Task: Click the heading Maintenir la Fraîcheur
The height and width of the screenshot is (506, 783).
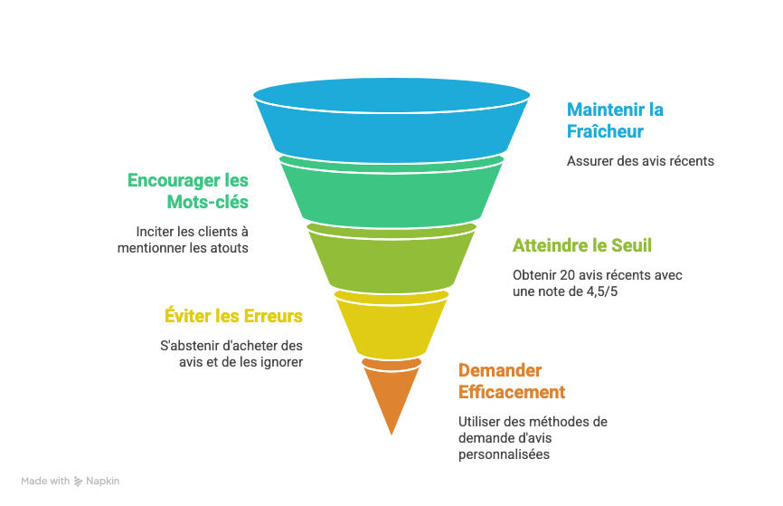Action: tap(615, 120)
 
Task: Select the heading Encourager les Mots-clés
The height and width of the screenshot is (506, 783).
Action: tap(188, 191)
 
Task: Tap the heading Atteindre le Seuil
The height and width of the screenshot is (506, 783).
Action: tap(582, 245)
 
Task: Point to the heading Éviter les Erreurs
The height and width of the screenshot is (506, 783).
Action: tap(233, 316)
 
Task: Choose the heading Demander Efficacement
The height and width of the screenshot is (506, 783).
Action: tap(512, 381)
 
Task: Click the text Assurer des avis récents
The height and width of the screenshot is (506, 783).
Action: tap(640, 161)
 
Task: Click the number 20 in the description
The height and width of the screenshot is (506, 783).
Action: tap(567, 275)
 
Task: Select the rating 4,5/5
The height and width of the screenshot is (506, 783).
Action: tap(602, 291)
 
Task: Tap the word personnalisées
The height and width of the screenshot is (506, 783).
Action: tap(504, 454)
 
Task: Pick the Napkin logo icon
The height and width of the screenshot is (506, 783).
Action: tap(79, 482)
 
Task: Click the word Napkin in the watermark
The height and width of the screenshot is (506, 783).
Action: tap(103, 481)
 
